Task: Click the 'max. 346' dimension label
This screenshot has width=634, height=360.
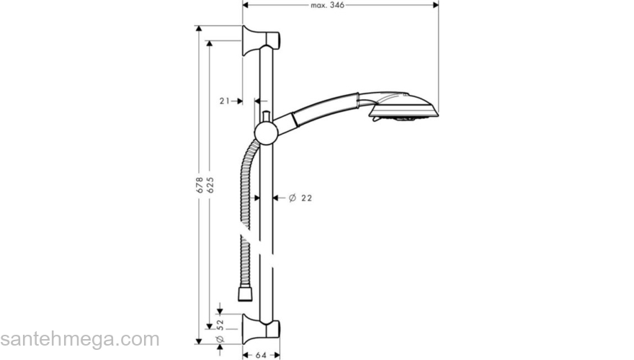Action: [x=328, y=5]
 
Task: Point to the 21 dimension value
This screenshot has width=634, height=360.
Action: [x=224, y=102]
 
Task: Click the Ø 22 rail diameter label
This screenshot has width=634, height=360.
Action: [x=300, y=197]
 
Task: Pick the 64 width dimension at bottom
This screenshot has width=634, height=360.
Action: [x=261, y=355]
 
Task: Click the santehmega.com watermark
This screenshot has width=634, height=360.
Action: [x=79, y=339]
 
